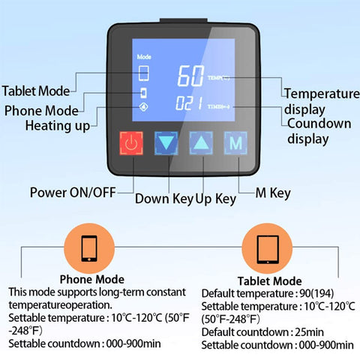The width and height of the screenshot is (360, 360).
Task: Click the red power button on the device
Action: tap(132, 143)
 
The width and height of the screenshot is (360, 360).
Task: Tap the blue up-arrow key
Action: tap(201, 143)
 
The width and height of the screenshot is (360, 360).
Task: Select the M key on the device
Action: tap(236, 142)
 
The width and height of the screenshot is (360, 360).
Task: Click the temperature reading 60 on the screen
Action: tap(190, 76)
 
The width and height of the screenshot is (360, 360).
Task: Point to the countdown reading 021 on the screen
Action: tap(190, 105)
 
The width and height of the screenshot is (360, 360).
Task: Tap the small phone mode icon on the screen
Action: tap(143, 93)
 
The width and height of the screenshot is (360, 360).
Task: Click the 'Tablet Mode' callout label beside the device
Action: tap(36, 91)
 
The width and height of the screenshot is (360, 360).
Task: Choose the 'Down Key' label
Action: tap(164, 199)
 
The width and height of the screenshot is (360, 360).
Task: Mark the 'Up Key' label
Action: tap(216, 199)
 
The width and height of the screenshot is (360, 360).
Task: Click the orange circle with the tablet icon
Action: tap(268, 248)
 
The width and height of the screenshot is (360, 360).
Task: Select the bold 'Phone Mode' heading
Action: tap(91, 280)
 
